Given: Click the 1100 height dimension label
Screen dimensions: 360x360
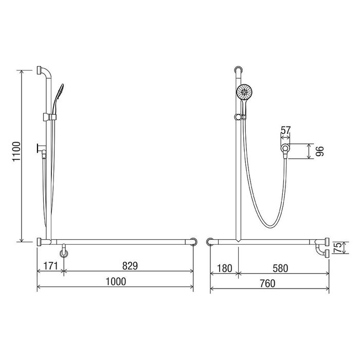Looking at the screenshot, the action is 17,152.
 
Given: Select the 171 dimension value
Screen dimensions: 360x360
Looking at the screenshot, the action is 50,266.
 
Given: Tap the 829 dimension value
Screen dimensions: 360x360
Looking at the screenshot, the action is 130,266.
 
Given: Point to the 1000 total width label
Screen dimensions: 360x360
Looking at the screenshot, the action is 116,281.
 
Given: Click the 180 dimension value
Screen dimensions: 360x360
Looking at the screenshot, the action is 224,268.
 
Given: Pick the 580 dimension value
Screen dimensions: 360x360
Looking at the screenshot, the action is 280,268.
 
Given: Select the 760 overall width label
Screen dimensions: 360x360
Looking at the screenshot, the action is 268,283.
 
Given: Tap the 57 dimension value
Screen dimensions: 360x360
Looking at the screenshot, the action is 286,131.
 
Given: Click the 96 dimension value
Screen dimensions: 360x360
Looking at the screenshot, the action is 319,151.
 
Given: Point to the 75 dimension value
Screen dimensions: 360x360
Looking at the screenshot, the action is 338,248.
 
